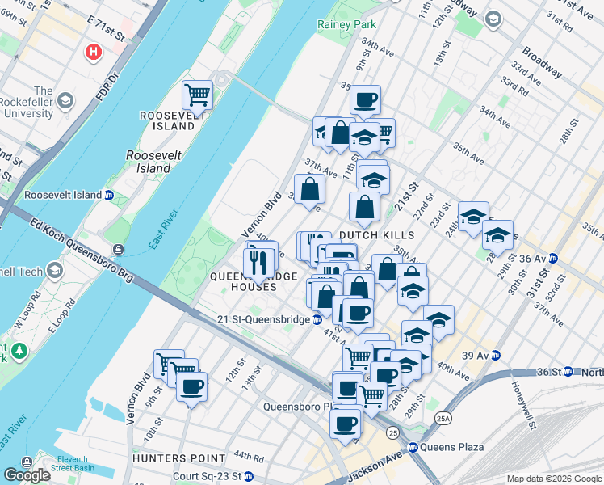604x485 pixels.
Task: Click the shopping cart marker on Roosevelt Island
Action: click(x=197, y=95)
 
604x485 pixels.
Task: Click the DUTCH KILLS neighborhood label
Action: click(x=376, y=235)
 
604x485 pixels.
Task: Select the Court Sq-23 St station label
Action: click(x=208, y=478)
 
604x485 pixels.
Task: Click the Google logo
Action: click(x=27, y=475)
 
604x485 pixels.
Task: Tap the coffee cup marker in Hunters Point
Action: click(x=191, y=387)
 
